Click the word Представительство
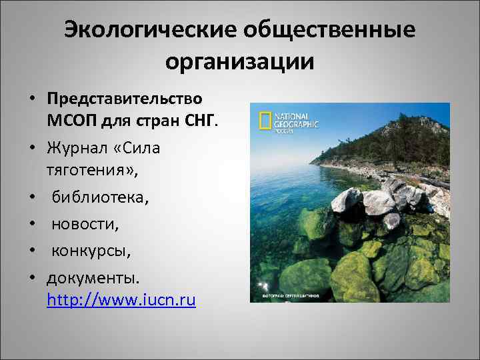(125, 98)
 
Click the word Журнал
(79, 147)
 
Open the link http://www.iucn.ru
(121, 300)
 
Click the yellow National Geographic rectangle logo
(265, 121)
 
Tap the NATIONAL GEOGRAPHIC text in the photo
(297, 120)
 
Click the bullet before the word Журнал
(31, 147)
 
